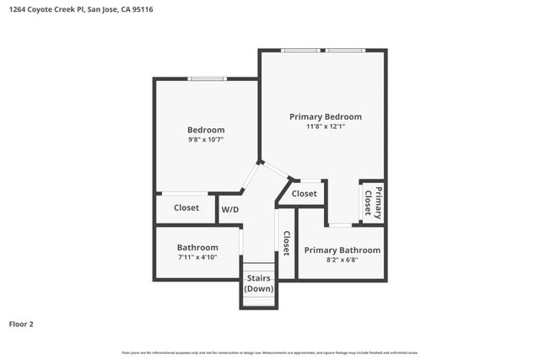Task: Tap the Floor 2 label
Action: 21,323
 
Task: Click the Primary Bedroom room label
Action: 326,116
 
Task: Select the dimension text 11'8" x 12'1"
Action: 326,126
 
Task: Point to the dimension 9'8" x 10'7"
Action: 206,140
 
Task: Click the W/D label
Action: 229,209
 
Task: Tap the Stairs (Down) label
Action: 258,284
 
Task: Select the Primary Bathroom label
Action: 342,250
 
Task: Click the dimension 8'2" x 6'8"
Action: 342,261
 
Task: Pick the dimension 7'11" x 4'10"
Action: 197,257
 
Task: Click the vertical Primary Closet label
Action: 373,202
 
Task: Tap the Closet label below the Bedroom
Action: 186,207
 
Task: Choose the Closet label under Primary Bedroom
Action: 305,194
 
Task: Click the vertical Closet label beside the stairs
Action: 287,244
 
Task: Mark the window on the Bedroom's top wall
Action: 208,79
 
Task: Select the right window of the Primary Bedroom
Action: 346,51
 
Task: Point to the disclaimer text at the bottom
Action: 270,352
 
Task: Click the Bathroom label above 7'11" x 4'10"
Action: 197,247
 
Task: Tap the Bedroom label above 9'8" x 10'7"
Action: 206,130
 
